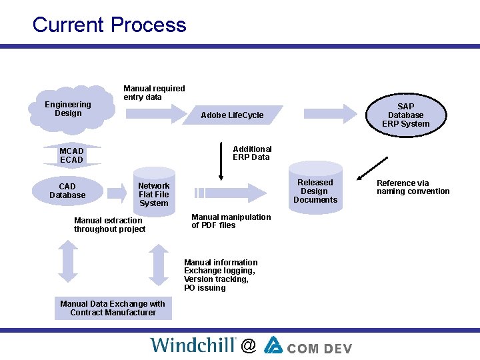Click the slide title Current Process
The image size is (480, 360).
coord(109,25)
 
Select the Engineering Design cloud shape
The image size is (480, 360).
coord(68,109)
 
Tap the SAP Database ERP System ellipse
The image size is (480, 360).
coord(405,115)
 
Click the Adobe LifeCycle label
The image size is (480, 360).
coord(232,115)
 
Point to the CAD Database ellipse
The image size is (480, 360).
coord(67,191)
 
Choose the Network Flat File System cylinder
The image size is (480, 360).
coord(153,193)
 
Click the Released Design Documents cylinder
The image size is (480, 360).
coord(315,191)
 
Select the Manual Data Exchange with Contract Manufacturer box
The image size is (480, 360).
coord(113,308)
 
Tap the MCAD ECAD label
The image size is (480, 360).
coord(71,155)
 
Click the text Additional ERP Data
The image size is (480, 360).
coord(252,153)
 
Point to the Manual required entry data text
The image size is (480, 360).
coord(154,93)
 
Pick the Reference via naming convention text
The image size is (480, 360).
coord(413,187)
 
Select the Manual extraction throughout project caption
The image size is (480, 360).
coord(109,225)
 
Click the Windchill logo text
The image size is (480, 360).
coord(193,345)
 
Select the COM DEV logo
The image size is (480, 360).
coord(307,345)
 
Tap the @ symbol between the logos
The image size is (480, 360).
coord(249,345)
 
